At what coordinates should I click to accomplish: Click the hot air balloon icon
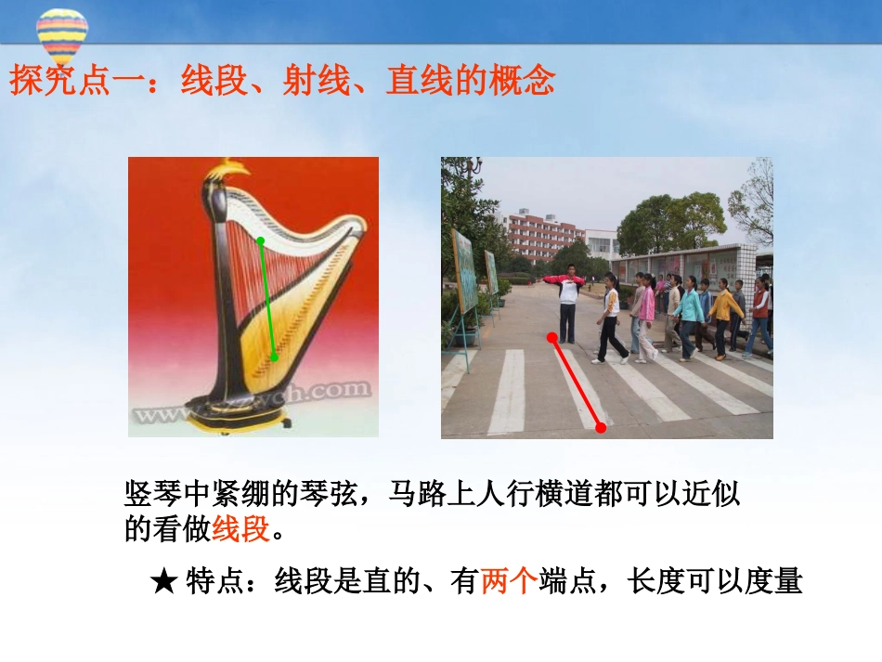coord(62,35)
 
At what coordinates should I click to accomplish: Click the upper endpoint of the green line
coord(261,241)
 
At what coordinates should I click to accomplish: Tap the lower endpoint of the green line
coord(275,357)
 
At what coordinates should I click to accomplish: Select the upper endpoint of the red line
coord(552,337)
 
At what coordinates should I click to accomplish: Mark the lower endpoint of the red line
coord(601,427)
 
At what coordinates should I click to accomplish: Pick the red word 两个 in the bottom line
coord(509,582)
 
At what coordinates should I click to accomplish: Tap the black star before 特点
coord(163,583)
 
